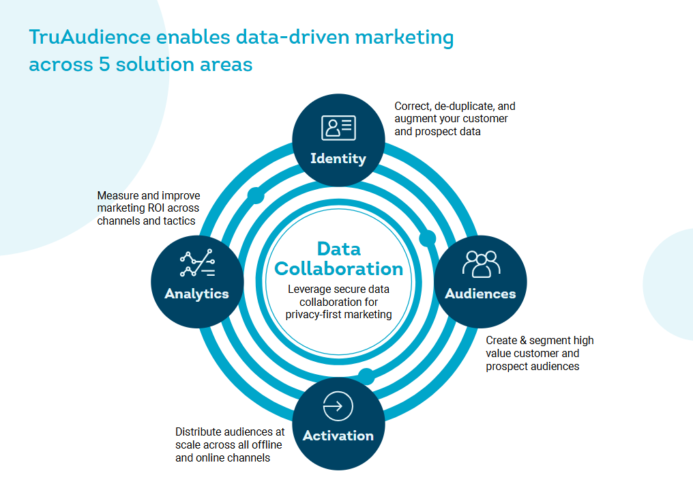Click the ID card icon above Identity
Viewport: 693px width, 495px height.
[x=338, y=128]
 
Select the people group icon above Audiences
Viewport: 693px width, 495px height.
[x=482, y=264]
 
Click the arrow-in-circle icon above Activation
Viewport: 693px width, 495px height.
[x=338, y=406]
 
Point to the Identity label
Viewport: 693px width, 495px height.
[x=338, y=159]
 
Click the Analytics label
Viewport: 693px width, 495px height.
[x=196, y=294]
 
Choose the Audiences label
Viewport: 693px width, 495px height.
[x=480, y=294]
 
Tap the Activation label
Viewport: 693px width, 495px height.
[x=338, y=436]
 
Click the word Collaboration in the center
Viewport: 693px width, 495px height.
[x=339, y=269]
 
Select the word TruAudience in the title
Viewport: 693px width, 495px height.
[x=90, y=37]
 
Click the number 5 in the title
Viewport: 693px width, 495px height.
[x=104, y=64]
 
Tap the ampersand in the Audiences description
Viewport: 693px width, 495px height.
[x=523, y=341]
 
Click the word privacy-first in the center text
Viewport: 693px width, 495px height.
[x=313, y=315]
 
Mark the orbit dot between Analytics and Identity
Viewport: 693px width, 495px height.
[x=256, y=195]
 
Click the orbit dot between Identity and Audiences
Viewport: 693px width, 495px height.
[x=428, y=238]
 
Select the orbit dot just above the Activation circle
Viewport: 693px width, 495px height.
[x=366, y=376]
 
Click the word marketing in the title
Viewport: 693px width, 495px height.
[x=404, y=38]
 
